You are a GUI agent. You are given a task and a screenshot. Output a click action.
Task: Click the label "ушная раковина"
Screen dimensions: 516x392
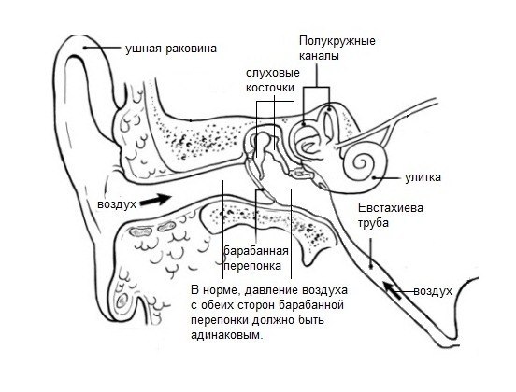click(x=171, y=49)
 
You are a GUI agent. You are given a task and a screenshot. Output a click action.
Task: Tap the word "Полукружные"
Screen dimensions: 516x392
click(x=337, y=41)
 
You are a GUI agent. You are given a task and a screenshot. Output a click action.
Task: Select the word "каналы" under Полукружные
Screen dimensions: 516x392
click(x=319, y=55)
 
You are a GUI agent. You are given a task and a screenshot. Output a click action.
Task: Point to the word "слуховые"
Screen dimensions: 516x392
click(x=273, y=73)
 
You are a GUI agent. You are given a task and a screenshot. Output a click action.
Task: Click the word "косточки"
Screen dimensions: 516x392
click(x=270, y=88)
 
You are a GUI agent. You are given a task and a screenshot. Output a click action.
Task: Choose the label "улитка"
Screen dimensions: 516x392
click(x=423, y=177)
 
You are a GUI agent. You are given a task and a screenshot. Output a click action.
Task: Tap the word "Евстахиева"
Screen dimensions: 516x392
click(x=391, y=208)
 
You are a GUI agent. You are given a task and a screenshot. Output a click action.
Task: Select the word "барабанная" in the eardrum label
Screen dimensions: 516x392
click(x=256, y=251)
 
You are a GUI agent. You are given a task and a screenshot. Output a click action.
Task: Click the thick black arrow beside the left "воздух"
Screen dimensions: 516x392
click(x=154, y=200)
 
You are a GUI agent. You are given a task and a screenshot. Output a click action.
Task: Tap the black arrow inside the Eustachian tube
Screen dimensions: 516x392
click(x=393, y=290)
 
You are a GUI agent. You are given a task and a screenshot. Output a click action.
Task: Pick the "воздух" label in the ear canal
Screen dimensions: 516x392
click(x=117, y=204)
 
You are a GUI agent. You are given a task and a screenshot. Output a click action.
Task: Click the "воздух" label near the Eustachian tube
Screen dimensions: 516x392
click(x=433, y=291)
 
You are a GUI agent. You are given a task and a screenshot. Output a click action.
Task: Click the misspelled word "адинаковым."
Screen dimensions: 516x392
click(x=227, y=335)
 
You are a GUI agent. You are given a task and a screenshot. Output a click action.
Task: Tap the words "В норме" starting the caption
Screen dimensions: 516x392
click(x=213, y=291)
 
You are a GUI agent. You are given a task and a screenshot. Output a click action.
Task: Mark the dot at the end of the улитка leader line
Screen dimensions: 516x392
click(x=374, y=178)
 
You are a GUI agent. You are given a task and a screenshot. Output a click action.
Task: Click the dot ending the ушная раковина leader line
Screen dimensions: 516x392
click(x=85, y=48)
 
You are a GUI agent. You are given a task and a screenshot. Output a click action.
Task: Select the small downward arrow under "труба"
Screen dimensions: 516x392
click(x=371, y=253)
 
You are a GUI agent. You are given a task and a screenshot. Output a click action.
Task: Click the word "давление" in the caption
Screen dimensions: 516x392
click(x=270, y=291)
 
